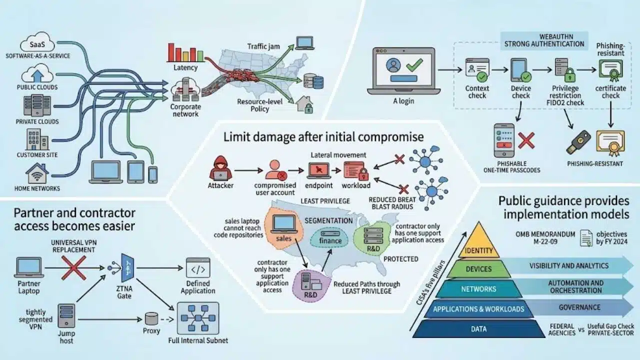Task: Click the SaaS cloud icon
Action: click(37, 42)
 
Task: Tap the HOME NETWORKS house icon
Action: click(37, 173)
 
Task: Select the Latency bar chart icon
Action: click(185, 52)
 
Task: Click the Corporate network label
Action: click(185, 110)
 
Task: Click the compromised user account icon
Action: click(275, 169)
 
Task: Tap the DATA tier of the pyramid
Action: click(479, 329)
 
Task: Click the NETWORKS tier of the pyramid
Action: click(479, 289)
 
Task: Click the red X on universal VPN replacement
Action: click(73, 267)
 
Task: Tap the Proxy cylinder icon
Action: click(151, 319)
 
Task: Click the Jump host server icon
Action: click(66, 315)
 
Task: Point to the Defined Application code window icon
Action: click(198, 267)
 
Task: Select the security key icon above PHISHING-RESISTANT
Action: click(578, 142)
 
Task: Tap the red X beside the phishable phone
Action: click(526, 140)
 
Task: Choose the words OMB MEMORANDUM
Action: click(545, 234)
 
